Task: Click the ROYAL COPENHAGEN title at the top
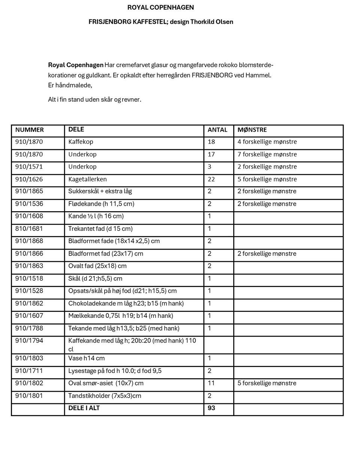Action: click(x=160, y=8)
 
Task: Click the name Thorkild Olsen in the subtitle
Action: click(x=211, y=22)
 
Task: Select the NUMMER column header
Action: click(x=30, y=130)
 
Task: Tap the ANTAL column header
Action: click(x=217, y=130)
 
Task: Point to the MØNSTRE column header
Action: click(x=252, y=130)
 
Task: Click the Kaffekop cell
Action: click(x=81, y=142)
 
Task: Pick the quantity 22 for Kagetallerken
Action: click(x=211, y=179)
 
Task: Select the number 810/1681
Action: click(x=29, y=229)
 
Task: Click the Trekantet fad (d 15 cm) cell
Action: click(x=100, y=229)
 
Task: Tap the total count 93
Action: click(x=211, y=408)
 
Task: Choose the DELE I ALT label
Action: click(x=84, y=408)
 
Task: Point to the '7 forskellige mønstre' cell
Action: click(x=267, y=154)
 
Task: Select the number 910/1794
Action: click(x=29, y=341)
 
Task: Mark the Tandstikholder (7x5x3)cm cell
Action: click(x=105, y=395)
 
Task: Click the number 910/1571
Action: click(x=29, y=167)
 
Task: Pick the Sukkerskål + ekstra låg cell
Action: click(x=100, y=191)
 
